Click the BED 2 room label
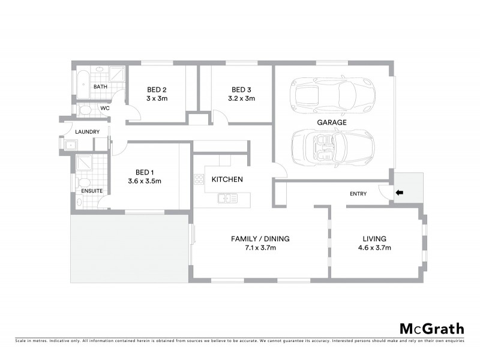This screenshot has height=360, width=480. (157, 90)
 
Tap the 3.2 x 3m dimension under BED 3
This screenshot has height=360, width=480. (241, 98)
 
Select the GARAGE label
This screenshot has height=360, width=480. (332, 122)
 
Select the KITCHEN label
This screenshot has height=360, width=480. (227, 179)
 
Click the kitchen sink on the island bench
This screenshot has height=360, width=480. (227, 197)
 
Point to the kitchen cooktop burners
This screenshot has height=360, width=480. (198, 179)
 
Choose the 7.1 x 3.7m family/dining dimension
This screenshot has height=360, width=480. (260, 247)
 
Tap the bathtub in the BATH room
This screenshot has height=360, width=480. (82, 83)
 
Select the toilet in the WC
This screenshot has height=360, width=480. (85, 110)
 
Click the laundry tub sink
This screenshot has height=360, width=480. (71, 145)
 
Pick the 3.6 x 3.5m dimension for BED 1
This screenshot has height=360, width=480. (145, 180)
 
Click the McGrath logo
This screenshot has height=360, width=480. (431, 328)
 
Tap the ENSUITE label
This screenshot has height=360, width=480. (92, 191)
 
